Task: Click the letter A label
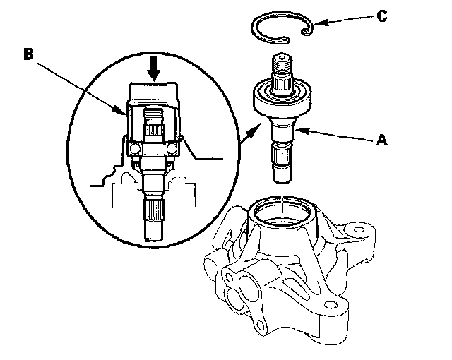point(382,140)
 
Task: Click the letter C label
point(382,16)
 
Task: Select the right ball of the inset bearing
point(174,149)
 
